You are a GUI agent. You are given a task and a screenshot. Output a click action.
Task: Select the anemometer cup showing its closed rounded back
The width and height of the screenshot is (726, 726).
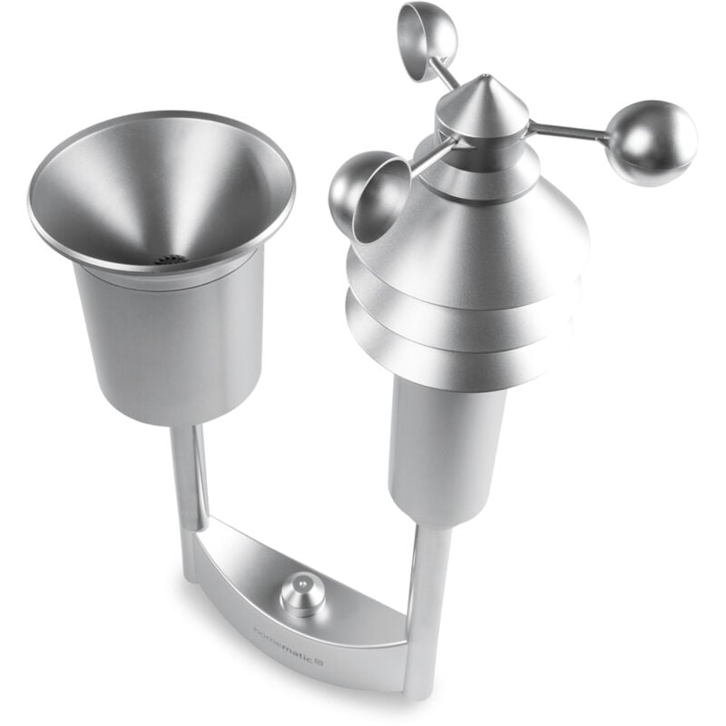(652, 143)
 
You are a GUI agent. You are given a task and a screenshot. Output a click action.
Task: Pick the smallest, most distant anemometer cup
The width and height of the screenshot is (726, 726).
(427, 41)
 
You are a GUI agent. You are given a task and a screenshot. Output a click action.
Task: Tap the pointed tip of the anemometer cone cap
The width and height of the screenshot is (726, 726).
(486, 79)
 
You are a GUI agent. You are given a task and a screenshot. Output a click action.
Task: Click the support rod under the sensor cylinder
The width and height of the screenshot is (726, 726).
(427, 590)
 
